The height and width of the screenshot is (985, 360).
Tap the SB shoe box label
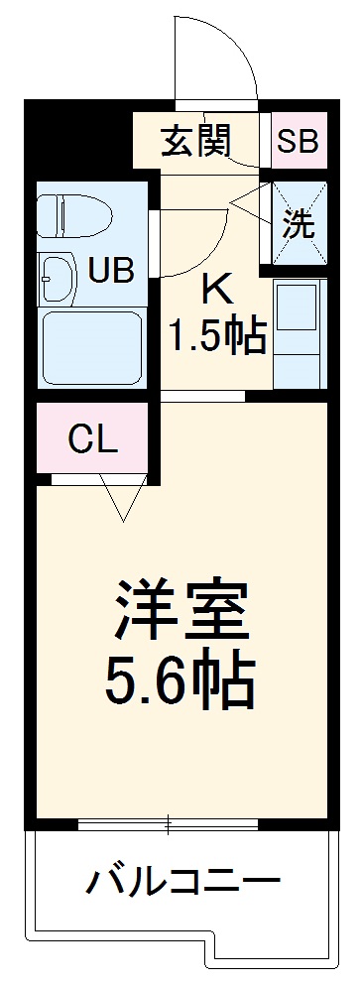(x=298, y=142)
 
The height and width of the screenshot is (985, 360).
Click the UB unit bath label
(x=110, y=270)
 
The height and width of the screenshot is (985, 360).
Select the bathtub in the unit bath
(x=91, y=347)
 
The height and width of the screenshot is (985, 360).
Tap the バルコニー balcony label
(x=180, y=879)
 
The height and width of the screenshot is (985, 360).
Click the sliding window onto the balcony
(x=169, y=824)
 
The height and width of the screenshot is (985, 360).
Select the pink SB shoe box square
(x=298, y=142)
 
